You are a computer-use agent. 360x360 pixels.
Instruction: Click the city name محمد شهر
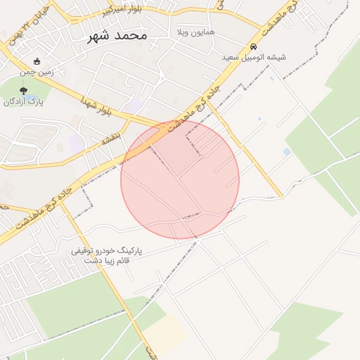tap(117, 35)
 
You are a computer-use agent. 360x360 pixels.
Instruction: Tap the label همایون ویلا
tap(196, 33)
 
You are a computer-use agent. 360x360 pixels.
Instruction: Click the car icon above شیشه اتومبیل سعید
tap(254, 47)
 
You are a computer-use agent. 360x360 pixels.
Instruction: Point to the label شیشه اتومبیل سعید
tap(254, 58)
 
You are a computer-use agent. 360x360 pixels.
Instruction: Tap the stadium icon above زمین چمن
tap(37, 61)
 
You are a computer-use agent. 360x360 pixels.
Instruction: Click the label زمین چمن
tap(37, 71)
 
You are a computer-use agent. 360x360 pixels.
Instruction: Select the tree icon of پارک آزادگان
tap(24, 91)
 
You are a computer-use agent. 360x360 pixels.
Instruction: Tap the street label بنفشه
tap(111, 136)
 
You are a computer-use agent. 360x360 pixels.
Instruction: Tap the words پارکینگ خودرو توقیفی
tap(108, 250)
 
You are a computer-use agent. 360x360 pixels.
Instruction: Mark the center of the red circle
tap(180, 180)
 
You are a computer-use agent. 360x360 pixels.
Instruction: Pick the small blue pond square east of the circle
tap(286, 152)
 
